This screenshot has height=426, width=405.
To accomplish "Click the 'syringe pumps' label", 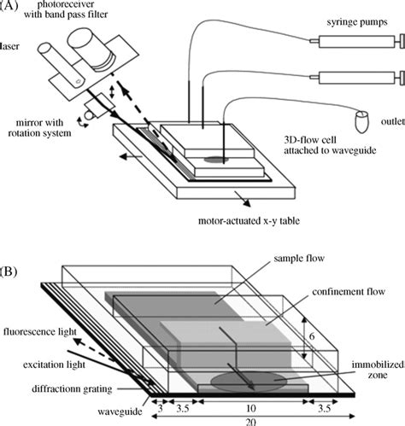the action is tap(357, 22).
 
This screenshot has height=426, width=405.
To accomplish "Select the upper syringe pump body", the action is tap(357, 42).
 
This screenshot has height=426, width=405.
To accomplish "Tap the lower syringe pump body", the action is tap(357, 78).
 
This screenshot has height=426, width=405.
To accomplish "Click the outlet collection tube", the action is tap(361, 121).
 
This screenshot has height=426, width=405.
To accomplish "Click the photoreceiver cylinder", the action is tap(91, 49).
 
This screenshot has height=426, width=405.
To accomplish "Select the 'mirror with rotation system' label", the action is tap(39, 128).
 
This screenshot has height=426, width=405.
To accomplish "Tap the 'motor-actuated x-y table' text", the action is tap(249, 221).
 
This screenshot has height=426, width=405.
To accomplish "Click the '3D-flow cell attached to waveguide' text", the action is tap(330, 145).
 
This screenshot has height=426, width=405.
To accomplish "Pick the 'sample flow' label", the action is tap(299, 258).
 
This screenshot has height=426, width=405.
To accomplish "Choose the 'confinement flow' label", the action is tap(349, 292).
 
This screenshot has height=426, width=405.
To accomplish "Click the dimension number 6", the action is tap(312, 336).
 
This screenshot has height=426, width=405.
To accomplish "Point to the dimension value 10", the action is tap(250, 409).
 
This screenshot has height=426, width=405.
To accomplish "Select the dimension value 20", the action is tap(250, 423).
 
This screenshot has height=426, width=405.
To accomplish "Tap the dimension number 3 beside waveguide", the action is tap(160, 409).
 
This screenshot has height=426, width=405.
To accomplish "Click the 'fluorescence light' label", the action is tap(40, 331).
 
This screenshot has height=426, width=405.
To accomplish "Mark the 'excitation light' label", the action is tap(54, 365).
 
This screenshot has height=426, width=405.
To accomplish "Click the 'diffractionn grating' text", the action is tap(72, 388).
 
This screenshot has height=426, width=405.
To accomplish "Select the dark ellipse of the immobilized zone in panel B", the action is tap(249, 381).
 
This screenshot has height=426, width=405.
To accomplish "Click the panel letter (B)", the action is tap(8, 271).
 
